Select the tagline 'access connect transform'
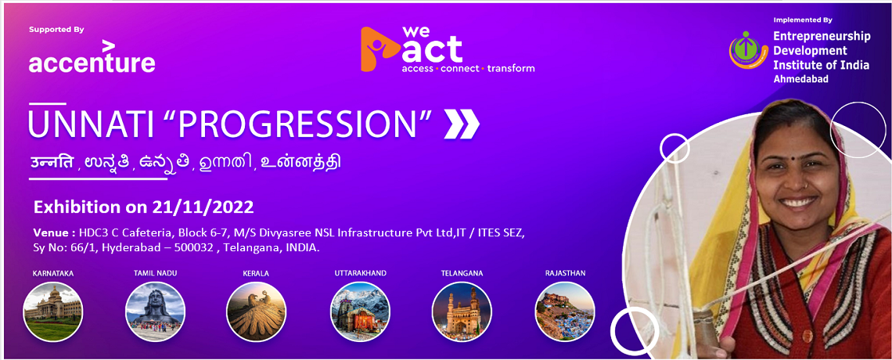point(468,69)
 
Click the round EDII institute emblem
point(748,50)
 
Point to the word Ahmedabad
point(800,79)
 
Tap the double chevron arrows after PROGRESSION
point(462,124)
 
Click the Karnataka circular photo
point(52,311)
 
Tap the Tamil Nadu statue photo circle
point(155,311)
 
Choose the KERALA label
point(256,274)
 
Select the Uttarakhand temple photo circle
point(360,311)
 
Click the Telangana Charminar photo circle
point(462,311)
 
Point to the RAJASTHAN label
point(565,273)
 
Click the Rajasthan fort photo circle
point(565,311)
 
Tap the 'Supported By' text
point(56,30)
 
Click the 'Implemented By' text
point(803,20)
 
